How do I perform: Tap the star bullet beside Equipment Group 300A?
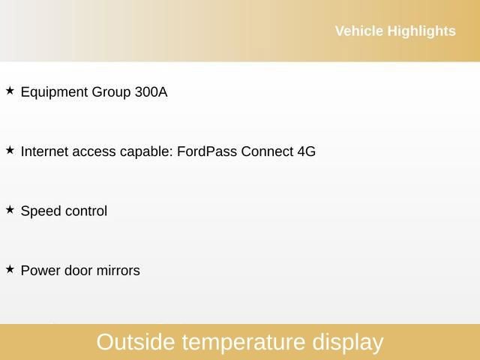click(10, 91)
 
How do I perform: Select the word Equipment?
click(54, 92)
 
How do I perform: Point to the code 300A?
click(151, 92)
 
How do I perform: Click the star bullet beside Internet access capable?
click(10, 150)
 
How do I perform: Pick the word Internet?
click(43, 151)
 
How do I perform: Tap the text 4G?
click(307, 151)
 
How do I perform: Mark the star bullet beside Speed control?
click(10, 210)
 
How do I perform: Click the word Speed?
click(40, 211)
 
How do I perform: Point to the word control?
click(85, 211)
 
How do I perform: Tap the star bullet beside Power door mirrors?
click(10, 268)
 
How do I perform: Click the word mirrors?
click(117, 271)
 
